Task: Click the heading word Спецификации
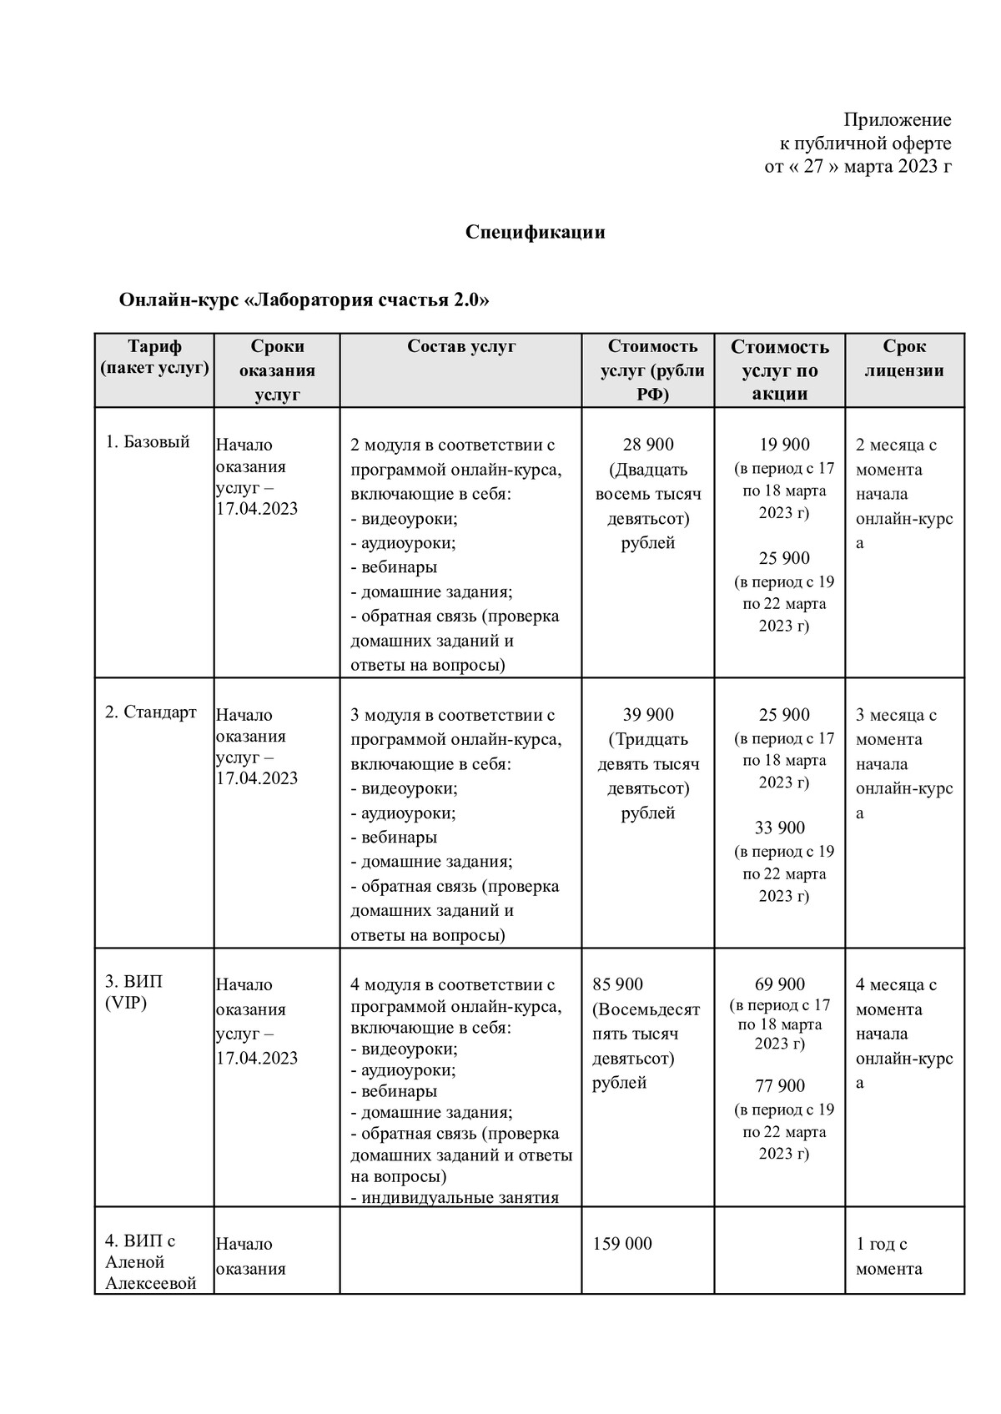point(535,232)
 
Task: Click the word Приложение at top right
point(897,120)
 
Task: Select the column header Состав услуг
point(461,346)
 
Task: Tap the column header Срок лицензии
point(904,358)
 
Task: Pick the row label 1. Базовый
point(148,442)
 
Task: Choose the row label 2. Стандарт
point(151,712)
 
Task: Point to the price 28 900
point(648,445)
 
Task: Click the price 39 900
point(648,715)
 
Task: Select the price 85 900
point(617,985)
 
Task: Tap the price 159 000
point(621,1244)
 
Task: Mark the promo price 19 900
point(784,445)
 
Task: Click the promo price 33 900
point(780,828)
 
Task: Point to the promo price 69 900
point(780,985)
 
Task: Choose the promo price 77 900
point(780,1085)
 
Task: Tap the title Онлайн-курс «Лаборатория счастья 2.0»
point(304,300)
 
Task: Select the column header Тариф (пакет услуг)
point(154,357)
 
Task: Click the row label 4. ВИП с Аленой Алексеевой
point(150,1261)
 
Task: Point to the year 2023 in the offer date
point(919,167)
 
